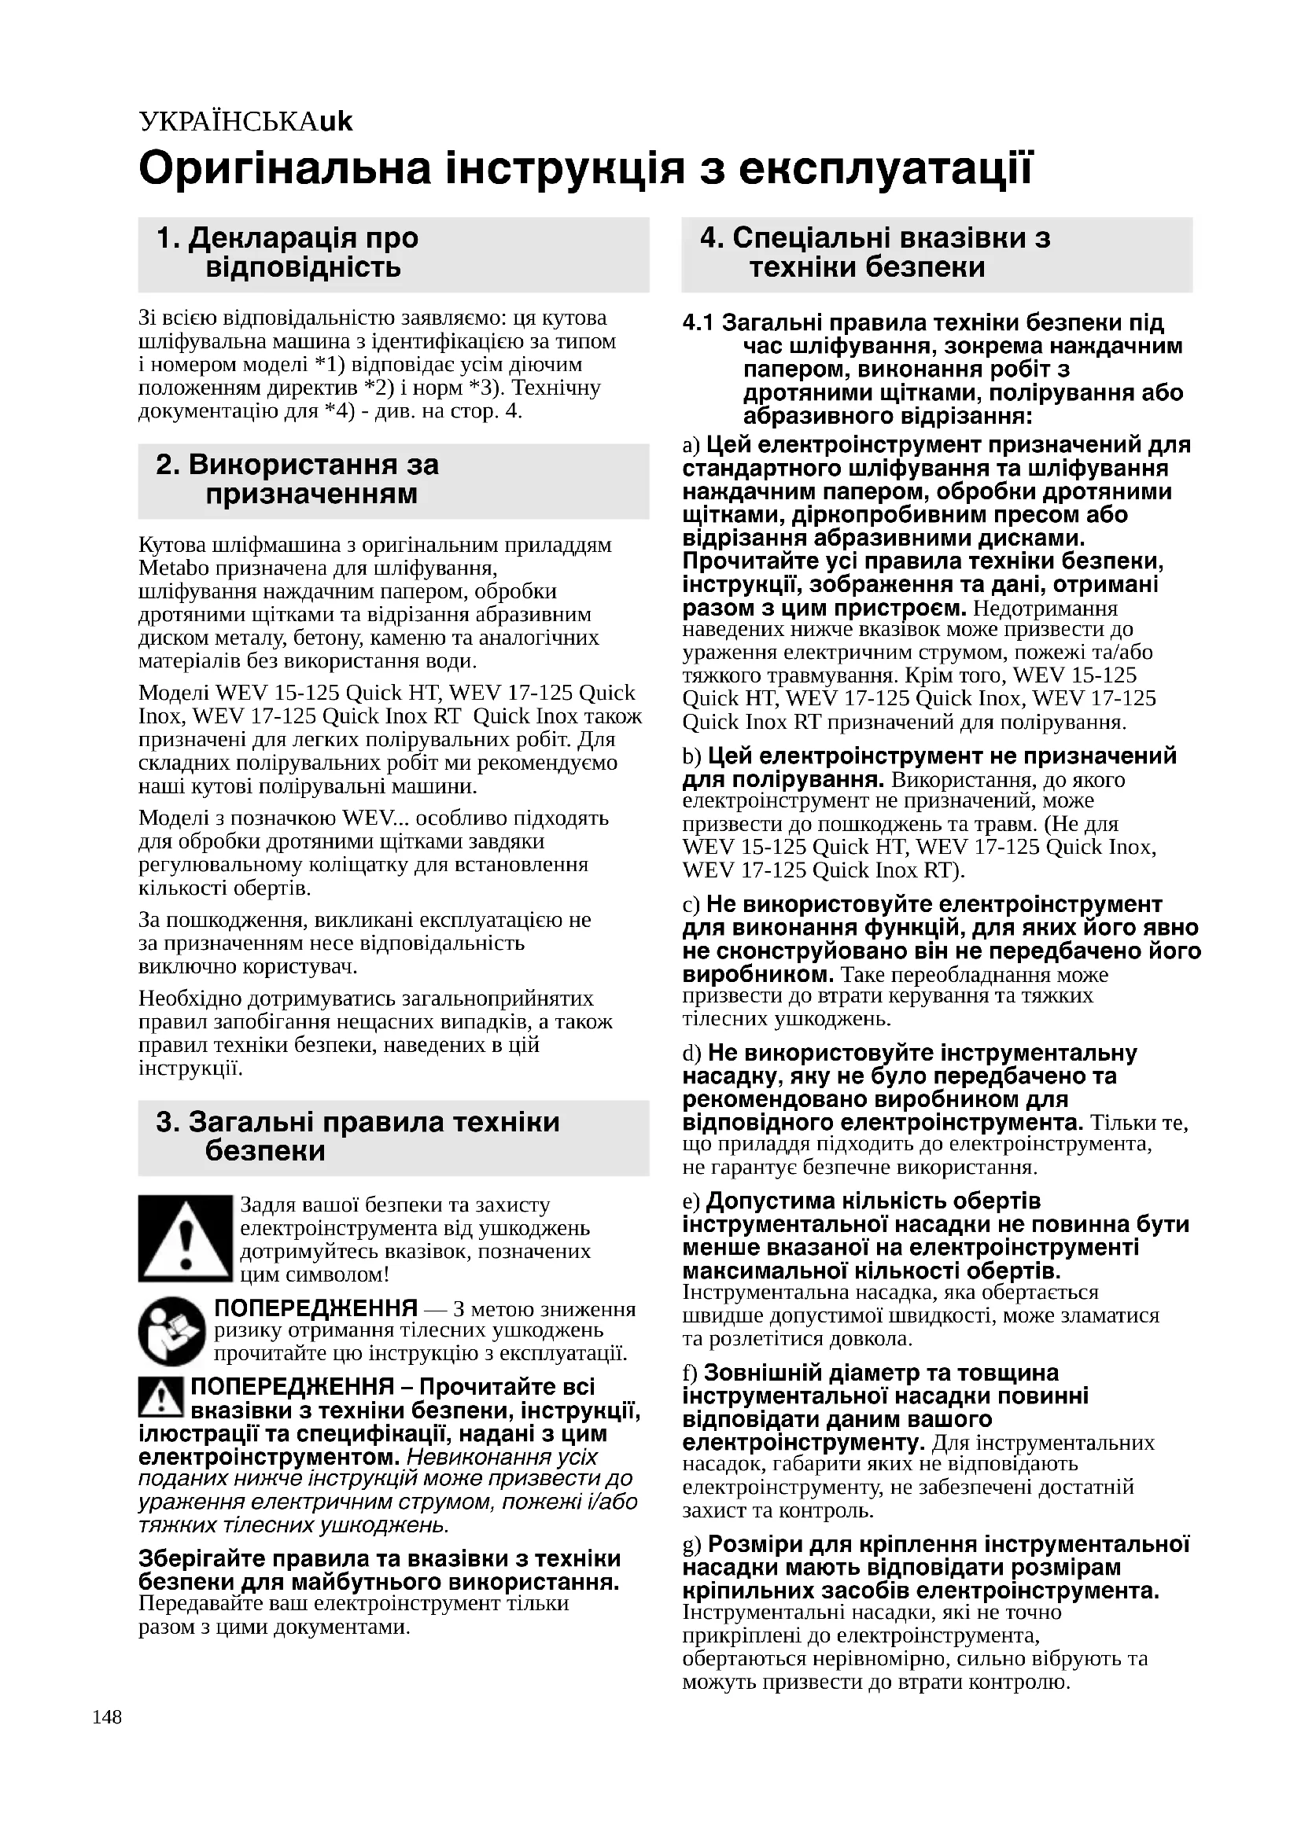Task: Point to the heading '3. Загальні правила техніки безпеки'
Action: [357, 1136]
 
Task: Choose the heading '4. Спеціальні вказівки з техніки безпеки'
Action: [875, 252]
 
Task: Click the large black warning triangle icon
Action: [184, 1238]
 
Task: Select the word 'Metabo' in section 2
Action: [173, 568]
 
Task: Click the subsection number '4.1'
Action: [697, 323]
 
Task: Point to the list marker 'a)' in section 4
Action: [691, 445]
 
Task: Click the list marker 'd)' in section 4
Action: [691, 1054]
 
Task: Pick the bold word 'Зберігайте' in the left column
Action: [201, 1558]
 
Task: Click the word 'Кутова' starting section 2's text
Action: [171, 545]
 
